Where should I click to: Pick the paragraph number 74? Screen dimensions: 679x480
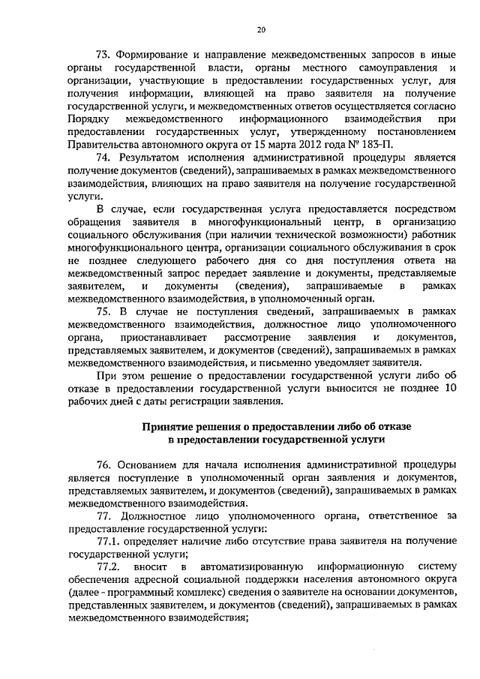pyautogui.click(x=105, y=158)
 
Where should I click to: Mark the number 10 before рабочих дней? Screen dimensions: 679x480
pyautogui.click(x=450, y=388)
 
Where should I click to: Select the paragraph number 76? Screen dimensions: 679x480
pyautogui.click(x=105, y=465)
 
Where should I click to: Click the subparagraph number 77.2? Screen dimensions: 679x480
pyautogui.click(x=109, y=567)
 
